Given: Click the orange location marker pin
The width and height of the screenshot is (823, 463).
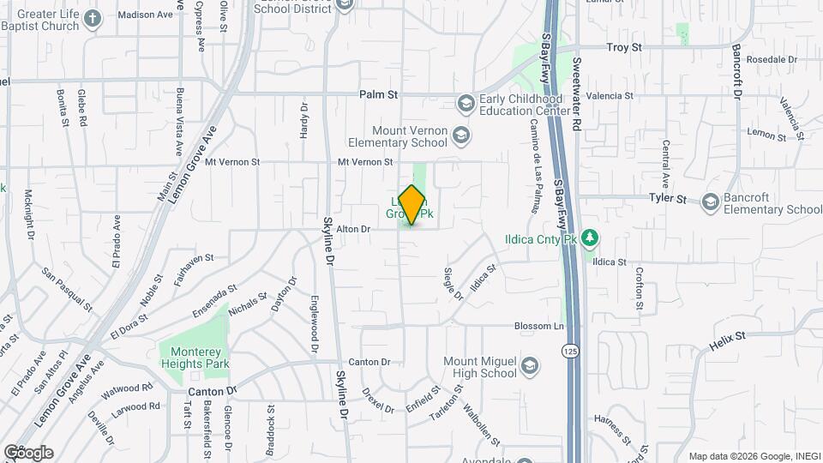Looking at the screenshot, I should click(x=411, y=205).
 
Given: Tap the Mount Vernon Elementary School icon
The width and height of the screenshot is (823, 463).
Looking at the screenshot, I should click(x=461, y=135).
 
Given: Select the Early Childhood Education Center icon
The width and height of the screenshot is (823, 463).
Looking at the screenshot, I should click(x=466, y=104).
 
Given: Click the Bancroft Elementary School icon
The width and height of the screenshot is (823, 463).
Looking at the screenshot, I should click(x=710, y=202).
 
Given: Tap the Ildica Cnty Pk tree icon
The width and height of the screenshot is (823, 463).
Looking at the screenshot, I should click(x=589, y=238).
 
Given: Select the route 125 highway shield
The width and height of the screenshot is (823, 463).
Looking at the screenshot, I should click(x=569, y=351).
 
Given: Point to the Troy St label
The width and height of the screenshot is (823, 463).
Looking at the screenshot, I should click(x=624, y=48).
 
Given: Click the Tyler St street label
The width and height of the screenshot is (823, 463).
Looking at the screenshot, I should click(x=668, y=199).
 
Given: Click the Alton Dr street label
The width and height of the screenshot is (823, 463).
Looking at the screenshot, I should click(x=352, y=229).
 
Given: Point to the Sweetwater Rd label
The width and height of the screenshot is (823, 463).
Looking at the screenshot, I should click(x=577, y=94).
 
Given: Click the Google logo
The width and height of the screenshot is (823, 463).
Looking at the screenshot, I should click(x=28, y=453).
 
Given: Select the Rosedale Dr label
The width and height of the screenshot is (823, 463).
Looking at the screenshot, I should click(x=772, y=59).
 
